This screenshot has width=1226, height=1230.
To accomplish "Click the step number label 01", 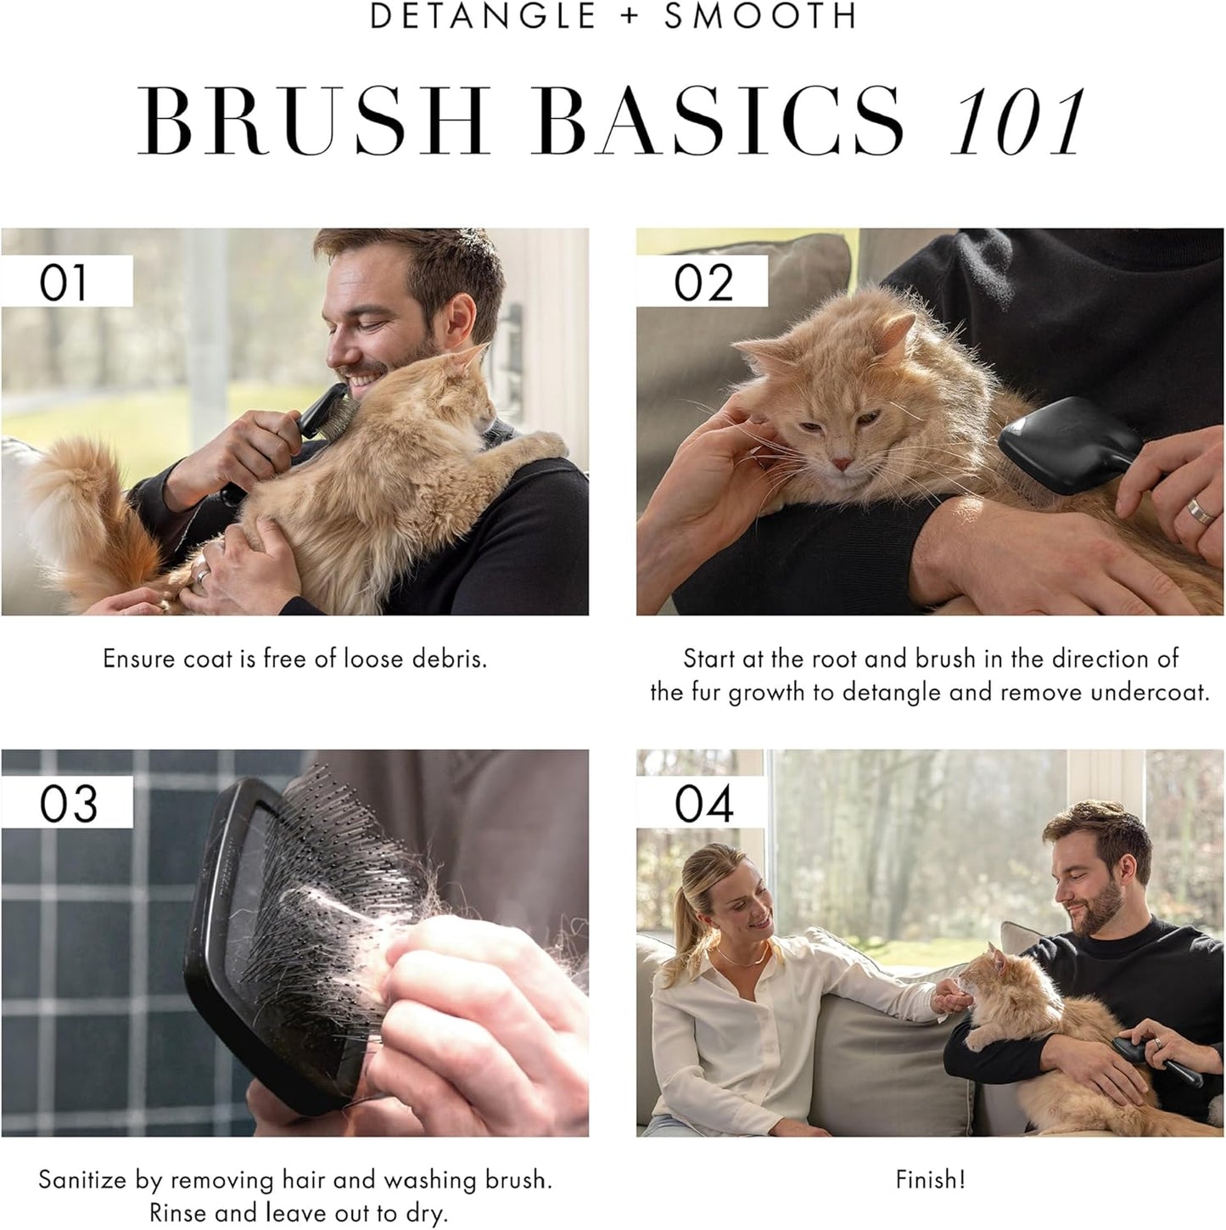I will (64, 282).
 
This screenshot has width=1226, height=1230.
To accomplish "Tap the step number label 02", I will (703, 282).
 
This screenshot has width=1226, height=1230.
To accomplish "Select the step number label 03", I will (67, 803).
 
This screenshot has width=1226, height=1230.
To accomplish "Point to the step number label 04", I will (703, 803).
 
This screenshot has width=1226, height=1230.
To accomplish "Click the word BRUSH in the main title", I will (314, 121).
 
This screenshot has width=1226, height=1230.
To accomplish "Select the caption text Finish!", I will (930, 1180).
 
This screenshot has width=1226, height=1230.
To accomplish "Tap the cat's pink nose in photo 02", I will (840, 463).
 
